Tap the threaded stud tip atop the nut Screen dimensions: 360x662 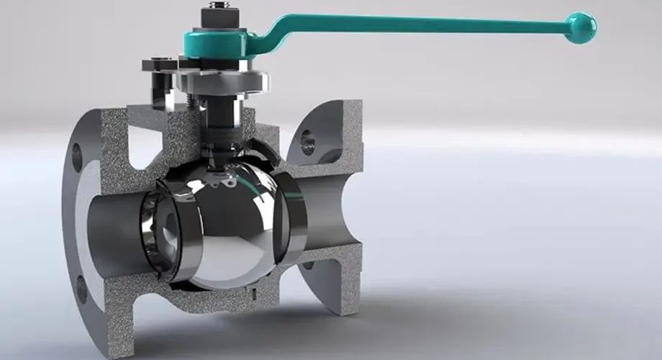coord(216,6)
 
